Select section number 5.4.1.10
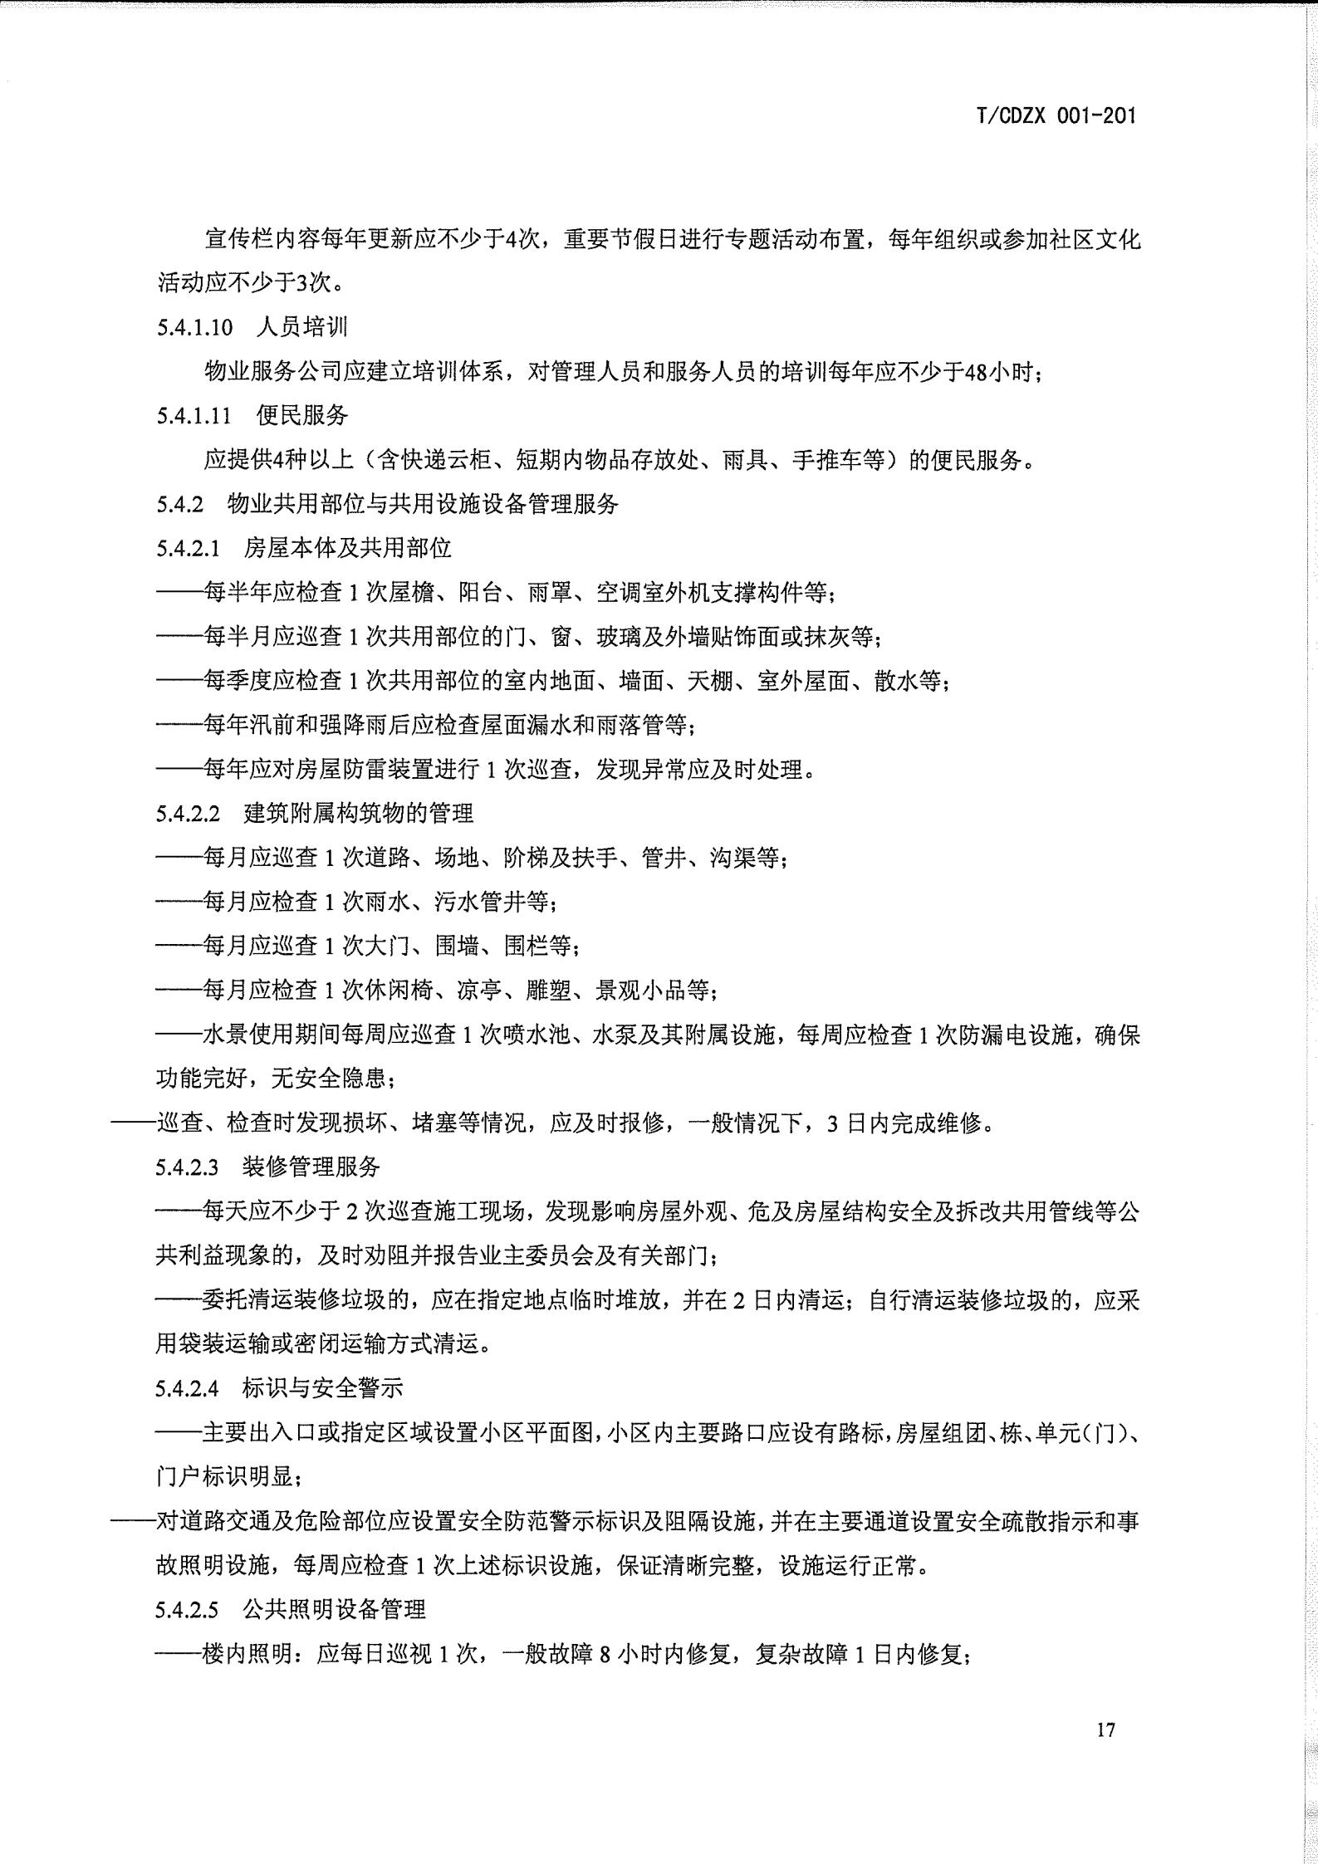coord(194,327)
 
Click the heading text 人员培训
coord(302,327)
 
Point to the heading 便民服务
coord(302,415)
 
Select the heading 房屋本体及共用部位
coord(347,548)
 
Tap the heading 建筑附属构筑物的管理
coord(358,813)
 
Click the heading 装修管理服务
coord(311,1167)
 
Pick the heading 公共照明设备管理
coord(334,1609)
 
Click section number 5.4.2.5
coord(188,1609)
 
